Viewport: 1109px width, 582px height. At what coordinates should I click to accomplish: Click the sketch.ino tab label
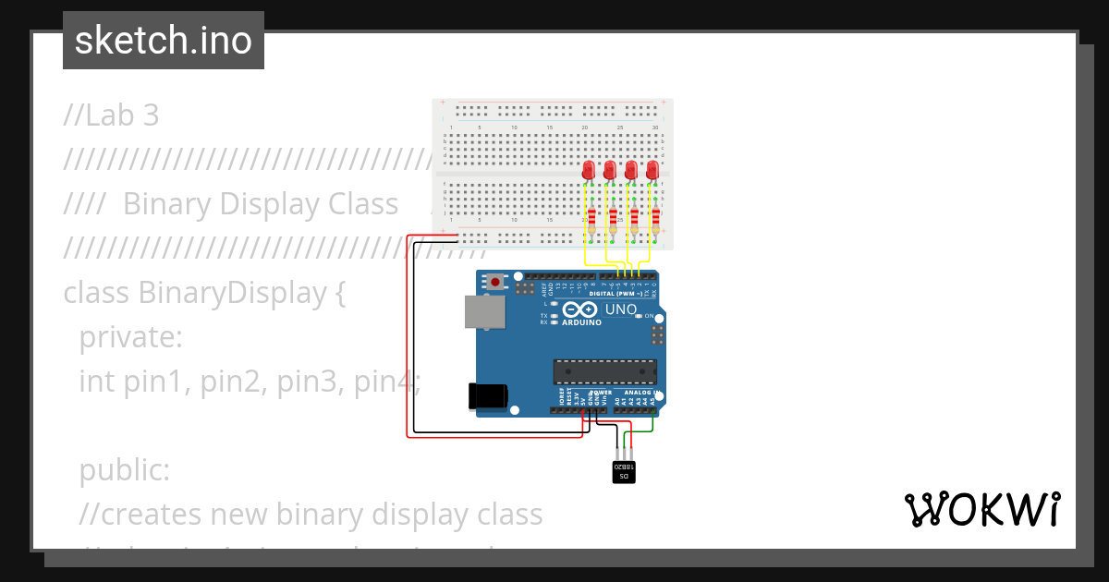pyautogui.click(x=163, y=41)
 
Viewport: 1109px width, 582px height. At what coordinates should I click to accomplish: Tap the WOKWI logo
pyautogui.click(x=981, y=510)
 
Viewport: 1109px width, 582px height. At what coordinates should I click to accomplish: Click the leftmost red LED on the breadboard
pyautogui.click(x=589, y=171)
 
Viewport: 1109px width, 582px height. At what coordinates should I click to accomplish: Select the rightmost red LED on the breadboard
pyautogui.click(x=653, y=171)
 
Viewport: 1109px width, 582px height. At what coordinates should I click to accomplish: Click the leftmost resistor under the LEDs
pyautogui.click(x=591, y=221)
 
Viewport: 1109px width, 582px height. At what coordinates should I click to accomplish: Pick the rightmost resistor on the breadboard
pyautogui.click(x=655, y=221)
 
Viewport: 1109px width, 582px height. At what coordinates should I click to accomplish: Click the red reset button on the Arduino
pyautogui.click(x=496, y=282)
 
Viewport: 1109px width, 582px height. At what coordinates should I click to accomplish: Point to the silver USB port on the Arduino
pyautogui.click(x=483, y=312)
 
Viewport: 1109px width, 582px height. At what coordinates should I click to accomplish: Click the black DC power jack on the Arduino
pyautogui.click(x=487, y=395)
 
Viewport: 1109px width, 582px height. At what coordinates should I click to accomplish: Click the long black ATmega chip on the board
pyautogui.click(x=604, y=371)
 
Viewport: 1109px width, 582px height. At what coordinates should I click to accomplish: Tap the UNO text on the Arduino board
pyautogui.click(x=620, y=309)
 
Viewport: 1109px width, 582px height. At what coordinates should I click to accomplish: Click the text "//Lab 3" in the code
pyautogui.click(x=112, y=115)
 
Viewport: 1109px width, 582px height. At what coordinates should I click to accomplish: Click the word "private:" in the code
pyautogui.click(x=131, y=337)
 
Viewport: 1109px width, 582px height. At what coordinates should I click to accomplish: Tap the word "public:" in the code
pyautogui.click(x=124, y=470)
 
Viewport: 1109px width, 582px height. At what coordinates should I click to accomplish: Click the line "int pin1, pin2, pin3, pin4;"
pyautogui.click(x=250, y=381)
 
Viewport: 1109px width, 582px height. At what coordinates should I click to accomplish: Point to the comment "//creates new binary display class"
pyautogui.click(x=311, y=514)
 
